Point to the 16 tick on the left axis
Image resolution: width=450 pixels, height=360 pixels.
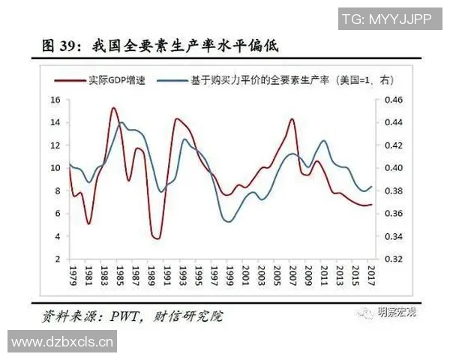pos(55,100)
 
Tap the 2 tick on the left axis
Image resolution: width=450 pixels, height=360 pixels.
pos(58,259)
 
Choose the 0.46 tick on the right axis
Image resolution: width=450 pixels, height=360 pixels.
pos(393,100)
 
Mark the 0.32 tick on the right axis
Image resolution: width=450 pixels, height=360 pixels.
pos(393,259)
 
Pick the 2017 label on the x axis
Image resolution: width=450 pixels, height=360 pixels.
pos(371,274)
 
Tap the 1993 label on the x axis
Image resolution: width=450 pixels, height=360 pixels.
pos(183,274)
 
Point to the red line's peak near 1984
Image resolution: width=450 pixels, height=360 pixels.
pos(113,108)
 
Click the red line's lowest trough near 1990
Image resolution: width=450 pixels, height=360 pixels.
pos(156,238)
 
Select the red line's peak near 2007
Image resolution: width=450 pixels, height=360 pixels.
pos(291,119)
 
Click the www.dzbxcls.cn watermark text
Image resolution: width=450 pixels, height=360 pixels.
pos(63,343)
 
